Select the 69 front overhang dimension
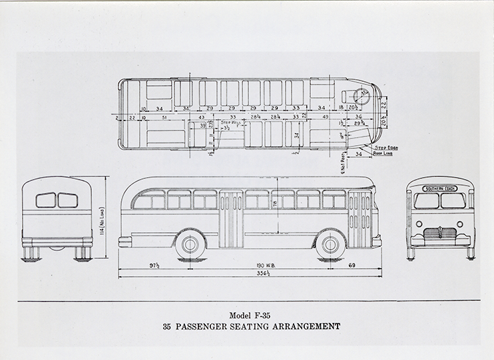pyautogui.click(x=353, y=268)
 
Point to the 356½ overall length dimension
pyautogui.click(x=249, y=281)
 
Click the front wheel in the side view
pyautogui.click(x=328, y=244)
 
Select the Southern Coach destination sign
pyautogui.click(x=438, y=188)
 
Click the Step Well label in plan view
pyautogui.click(x=231, y=123)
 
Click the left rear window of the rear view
pyautogui.click(x=46, y=200)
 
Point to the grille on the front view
pyautogui.click(x=439, y=234)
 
